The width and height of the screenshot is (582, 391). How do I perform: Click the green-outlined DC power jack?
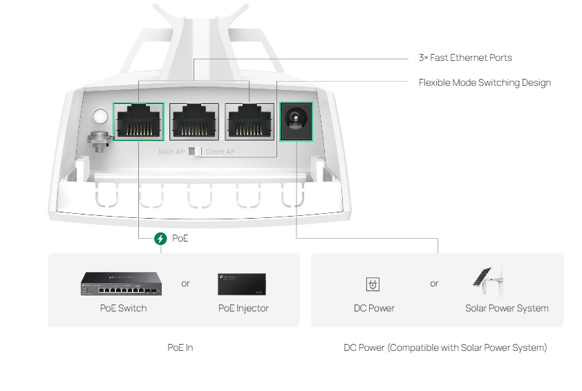[297, 121]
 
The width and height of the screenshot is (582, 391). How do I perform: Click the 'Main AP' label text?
[172, 152]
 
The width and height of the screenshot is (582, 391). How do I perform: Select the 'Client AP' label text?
[220, 152]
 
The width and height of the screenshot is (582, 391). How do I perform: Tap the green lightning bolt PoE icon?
[161, 239]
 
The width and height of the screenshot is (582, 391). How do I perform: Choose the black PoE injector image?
[242, 283]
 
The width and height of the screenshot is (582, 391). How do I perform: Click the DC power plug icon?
[373, 284]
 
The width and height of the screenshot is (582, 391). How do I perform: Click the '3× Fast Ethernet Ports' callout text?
[465, 58]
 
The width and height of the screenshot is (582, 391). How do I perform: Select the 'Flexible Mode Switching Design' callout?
[485, 83]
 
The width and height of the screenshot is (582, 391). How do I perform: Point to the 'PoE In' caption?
[180, 347]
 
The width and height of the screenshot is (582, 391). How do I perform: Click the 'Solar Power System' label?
[507, 308]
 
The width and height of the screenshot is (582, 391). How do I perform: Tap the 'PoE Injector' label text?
[243, 308]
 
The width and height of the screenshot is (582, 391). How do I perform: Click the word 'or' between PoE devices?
[185, 283]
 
